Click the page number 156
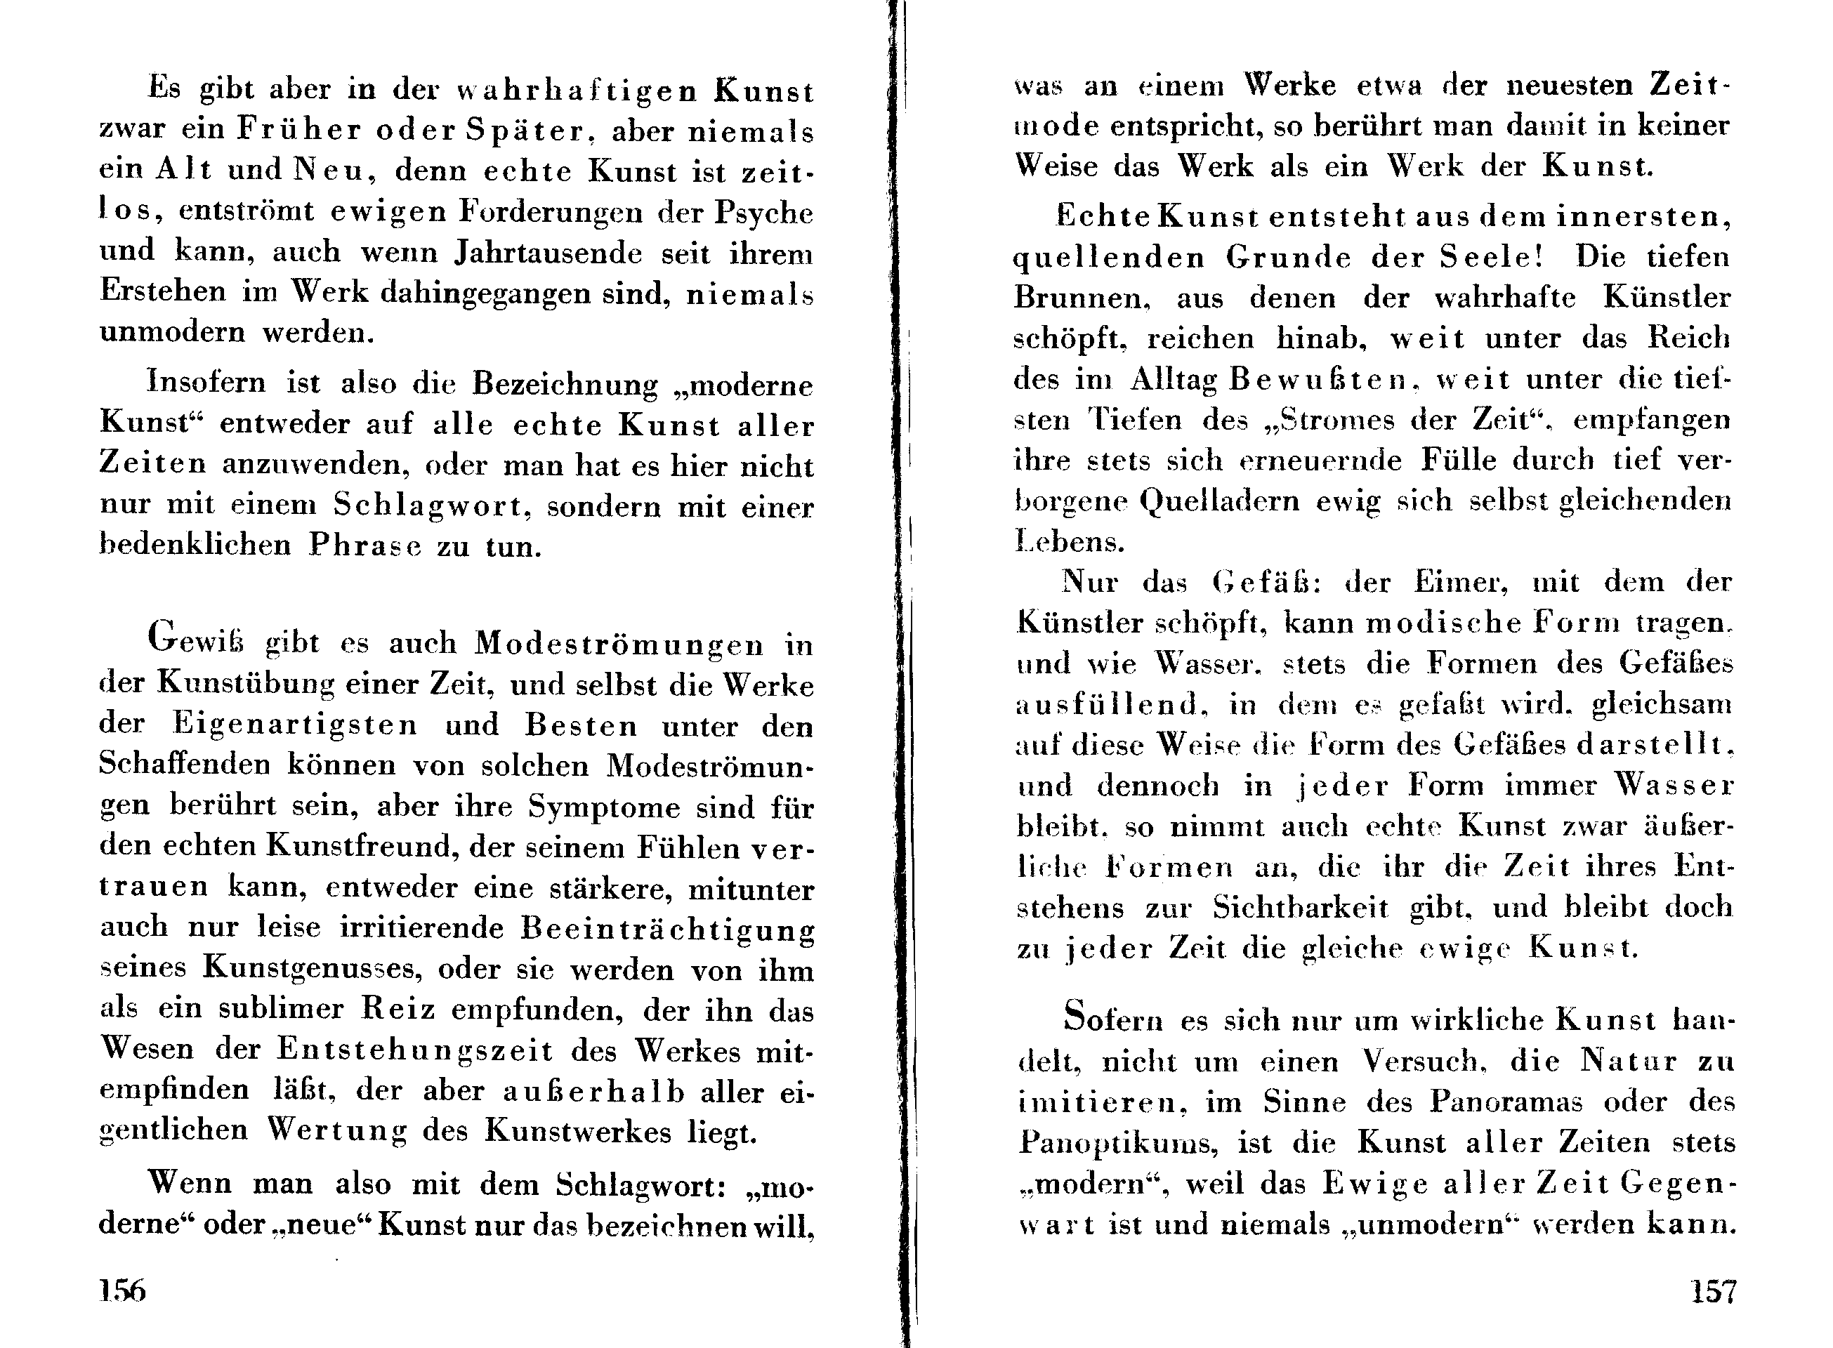pos(122,1290)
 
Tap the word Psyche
pos(764,213)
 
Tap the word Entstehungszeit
pos(415,1050)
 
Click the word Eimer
pos(1461,582)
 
